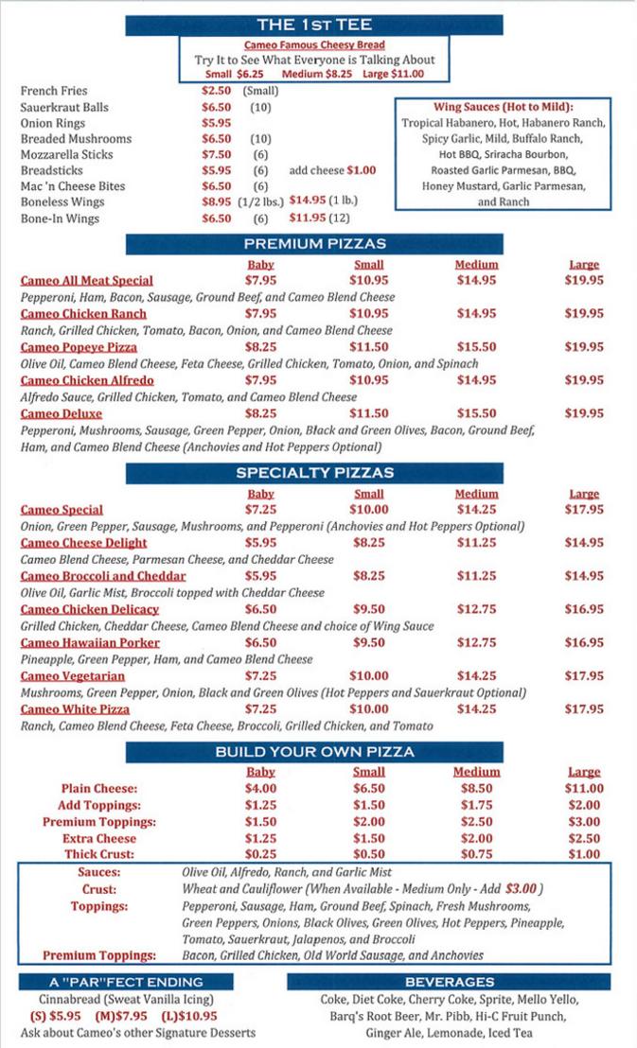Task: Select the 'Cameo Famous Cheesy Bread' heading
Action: [x=314, y=45]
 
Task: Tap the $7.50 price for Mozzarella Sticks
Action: [x=217, y=154]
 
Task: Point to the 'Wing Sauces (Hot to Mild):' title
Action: [x=504, y=108]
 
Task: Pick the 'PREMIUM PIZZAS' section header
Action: [x=314, y=244]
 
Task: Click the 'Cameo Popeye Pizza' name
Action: [x=79, y=347]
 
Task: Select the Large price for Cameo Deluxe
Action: [x=584, y=413]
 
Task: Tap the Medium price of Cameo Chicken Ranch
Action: [x=476, y=313]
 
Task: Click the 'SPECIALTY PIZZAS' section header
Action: [x=314, y=473]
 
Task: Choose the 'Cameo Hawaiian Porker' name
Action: [x=90, y=642]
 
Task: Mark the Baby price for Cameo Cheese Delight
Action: [x=260, y=543]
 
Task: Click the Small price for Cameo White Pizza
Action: [x=368, y=708]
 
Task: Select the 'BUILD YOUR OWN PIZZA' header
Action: [x=314, y=752]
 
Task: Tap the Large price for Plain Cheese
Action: [x=584, y=788]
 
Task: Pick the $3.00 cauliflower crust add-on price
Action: [x=522, y=889]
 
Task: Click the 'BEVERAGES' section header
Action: [x=449, y=982]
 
